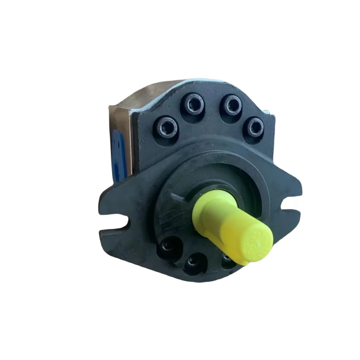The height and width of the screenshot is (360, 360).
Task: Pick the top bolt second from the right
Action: coord(233,104)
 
